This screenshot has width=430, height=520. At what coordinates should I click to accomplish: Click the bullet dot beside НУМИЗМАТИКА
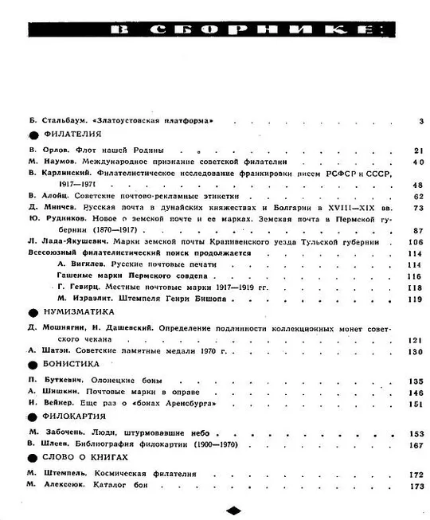click(x=33, y=313)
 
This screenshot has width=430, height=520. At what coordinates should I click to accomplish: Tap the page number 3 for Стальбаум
click(x=419, y=121)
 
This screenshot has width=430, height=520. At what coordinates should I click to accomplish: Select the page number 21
click(x=418, y=151)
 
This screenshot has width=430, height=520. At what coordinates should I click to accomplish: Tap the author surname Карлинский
click(x=64, y=172)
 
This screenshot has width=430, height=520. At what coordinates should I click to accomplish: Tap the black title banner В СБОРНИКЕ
click(x=235, y=30)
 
